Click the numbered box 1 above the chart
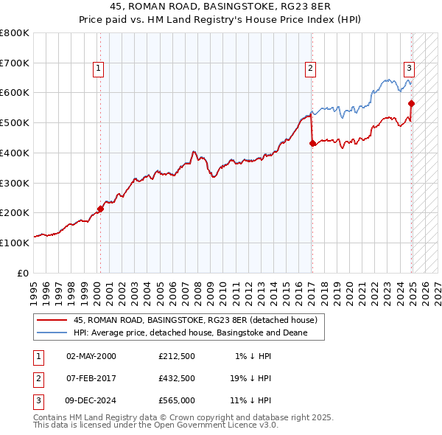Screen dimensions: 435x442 (99, 69)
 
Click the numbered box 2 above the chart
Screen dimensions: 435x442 (311, 69)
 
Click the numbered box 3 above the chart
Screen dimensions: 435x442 (409, 69)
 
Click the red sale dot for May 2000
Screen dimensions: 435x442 (101, 209)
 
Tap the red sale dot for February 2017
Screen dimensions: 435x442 (312, 143)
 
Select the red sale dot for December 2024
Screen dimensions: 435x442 (411, 103)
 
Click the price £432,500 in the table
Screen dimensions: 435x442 (176, 378)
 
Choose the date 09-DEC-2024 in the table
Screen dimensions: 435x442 (91, 400)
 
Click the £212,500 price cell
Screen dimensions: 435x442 (176, 356)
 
